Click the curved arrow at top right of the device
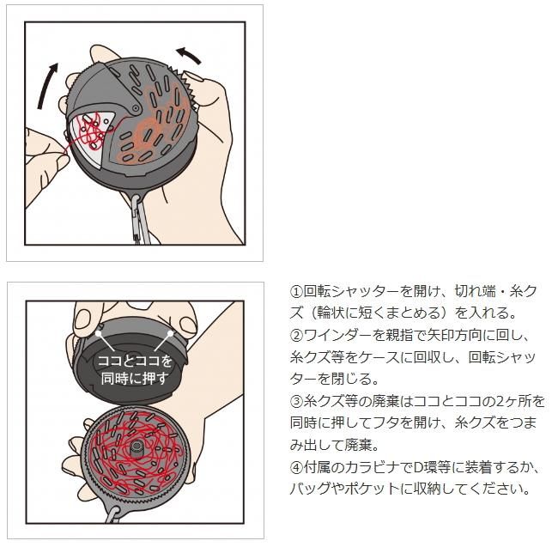[x=188, y=56]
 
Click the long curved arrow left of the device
[x=46, y=85]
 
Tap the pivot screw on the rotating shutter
[x=136, y=108]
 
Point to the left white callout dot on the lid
[x=98, y=333]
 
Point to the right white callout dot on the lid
[x=171, y=333]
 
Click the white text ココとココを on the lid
[x=135, y=361]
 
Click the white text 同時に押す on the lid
[x=135, y=379]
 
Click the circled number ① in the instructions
[x=296, y=292]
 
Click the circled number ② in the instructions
[x=296, y=336]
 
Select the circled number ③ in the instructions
[x=296, y=401]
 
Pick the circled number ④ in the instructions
[x=296, y=467]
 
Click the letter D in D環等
[x=419, y=467]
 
